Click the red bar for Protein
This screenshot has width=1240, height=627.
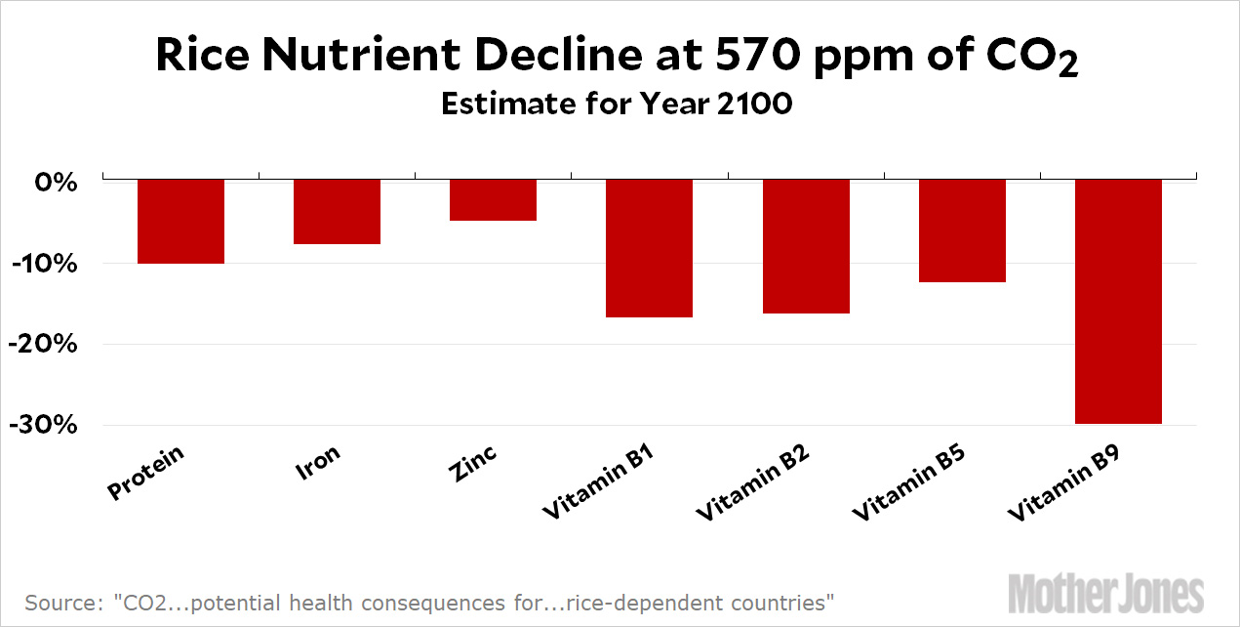(x=180, y=222)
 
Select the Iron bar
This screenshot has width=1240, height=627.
(x=337, y=212)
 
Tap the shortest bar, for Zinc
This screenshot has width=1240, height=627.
(x=493, y=200)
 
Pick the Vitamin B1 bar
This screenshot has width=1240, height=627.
(x=649, y=248)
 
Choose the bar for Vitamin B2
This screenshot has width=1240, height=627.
(x=806, y=246)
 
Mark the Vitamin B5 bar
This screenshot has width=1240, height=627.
(x=962, y=230)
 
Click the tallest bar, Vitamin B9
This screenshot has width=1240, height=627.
(x=1118, y=301)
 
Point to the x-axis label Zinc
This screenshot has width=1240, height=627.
(x=474, y=465)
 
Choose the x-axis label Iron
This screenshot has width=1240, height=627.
(x=319, y=463)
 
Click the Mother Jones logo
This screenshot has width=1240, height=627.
(x=1105, y=593)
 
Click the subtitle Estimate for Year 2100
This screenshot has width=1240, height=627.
(x=616, y=104)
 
